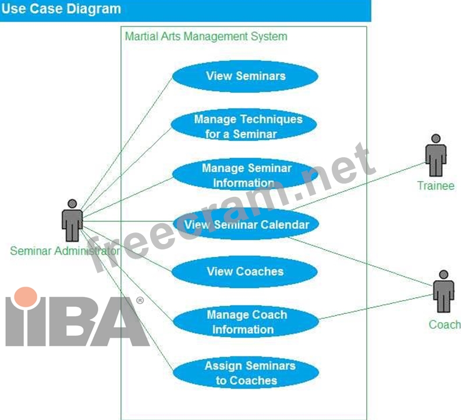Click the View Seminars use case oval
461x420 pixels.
coord(245,76)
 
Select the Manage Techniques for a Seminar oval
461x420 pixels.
coord(244,126)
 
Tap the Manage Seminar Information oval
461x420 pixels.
coord(245,175)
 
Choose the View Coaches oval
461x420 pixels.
coord(245,271)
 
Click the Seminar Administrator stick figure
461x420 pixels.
coord(72,221)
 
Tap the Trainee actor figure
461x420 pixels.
coord(435,156)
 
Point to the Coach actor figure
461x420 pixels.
coord(444,291)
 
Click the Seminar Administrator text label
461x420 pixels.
coord(65,251)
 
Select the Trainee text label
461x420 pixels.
coord(435,186)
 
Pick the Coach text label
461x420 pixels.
coord(444,324)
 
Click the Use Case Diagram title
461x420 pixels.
coord(61,9)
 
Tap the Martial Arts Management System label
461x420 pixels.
coord(206,36)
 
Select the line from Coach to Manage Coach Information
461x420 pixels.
coord(378,307)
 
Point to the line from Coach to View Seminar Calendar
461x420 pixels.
coord(361,260)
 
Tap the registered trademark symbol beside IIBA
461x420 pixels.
coord(140,301)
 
